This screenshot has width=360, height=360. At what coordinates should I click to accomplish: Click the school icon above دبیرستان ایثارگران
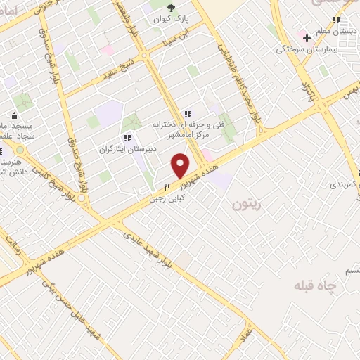[127, 138]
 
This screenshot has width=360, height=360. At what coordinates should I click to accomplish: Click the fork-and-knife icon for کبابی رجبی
[167, 188]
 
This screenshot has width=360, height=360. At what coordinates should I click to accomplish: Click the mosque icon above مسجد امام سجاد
[14, 115]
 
